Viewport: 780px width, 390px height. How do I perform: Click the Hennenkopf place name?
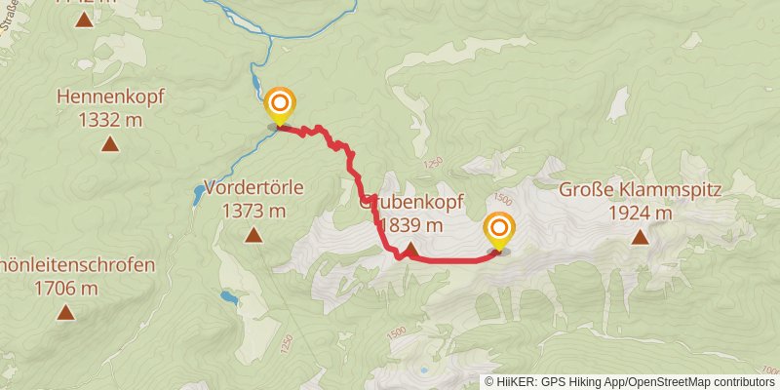(110, 97)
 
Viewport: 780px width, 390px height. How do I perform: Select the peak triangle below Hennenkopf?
(110, 144)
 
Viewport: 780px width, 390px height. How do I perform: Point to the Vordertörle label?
(253, 188)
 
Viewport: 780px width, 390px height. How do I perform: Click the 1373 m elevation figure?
(253, 209)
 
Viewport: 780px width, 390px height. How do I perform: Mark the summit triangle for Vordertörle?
(253, 235)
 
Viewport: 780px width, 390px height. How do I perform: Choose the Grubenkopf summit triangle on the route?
(411, 252)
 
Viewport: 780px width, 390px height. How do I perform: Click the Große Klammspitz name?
(640, 190)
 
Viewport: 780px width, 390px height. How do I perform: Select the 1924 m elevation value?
(640, 212)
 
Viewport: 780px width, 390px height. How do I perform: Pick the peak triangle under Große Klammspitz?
(640, 237)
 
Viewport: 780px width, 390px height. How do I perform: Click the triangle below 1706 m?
(65, 313)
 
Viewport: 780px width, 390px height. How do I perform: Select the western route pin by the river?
(280, 103)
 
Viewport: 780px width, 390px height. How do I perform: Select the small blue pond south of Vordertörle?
(228, 296)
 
